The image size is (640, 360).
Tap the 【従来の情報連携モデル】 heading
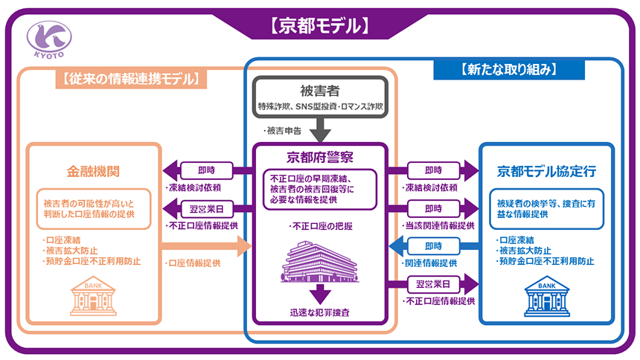tap(130, 77)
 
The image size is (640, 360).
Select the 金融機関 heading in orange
tap(94, 172)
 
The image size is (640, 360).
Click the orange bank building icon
tap(94, 297)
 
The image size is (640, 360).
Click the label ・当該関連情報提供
tap(438, 225)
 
